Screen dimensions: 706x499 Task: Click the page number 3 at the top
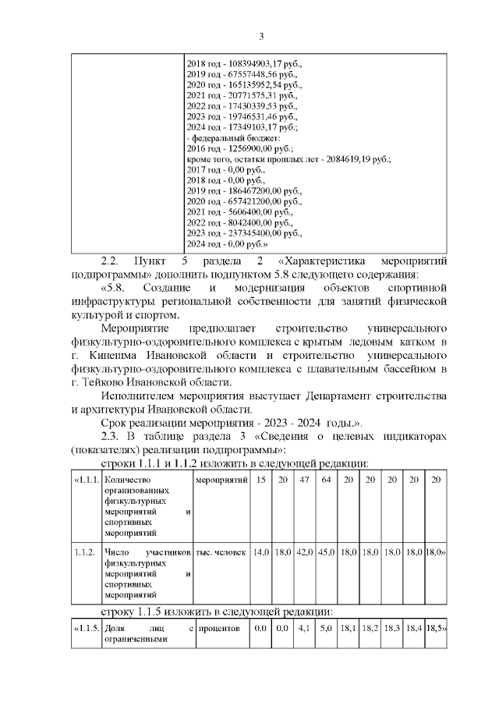pyautogui.click(x=261, y=36)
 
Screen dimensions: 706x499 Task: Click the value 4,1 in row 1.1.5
pyautogui.click(x=304, y=627)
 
